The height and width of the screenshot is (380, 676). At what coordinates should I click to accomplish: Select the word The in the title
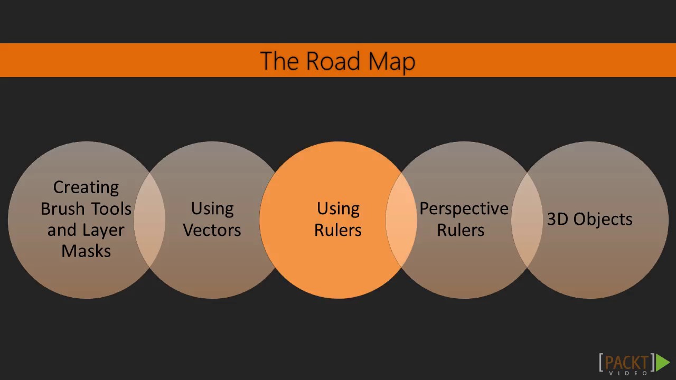pos(280,61)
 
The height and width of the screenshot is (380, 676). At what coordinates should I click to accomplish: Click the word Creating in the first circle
pos(86,187)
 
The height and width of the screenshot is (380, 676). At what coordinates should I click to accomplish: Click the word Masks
pos(86,251)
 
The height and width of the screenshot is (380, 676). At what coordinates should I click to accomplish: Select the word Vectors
pos(212,230)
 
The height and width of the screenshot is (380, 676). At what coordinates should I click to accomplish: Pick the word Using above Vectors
pos(212,209)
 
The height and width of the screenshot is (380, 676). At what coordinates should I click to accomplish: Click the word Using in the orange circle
pos(338,209)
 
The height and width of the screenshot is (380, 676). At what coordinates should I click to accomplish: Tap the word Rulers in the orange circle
pos(338,230)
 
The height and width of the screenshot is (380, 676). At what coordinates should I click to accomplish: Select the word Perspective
pos(464,209)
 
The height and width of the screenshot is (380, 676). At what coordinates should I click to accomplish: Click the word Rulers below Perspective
pos(461,230)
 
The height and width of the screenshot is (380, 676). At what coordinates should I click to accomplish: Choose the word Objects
pos(603,220)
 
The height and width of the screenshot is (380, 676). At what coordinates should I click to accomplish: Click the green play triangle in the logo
pos(663,362)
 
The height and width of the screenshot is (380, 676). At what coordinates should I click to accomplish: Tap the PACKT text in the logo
pos(627,362)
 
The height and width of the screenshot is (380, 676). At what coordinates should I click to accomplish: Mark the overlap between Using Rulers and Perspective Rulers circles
pos(401,220)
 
